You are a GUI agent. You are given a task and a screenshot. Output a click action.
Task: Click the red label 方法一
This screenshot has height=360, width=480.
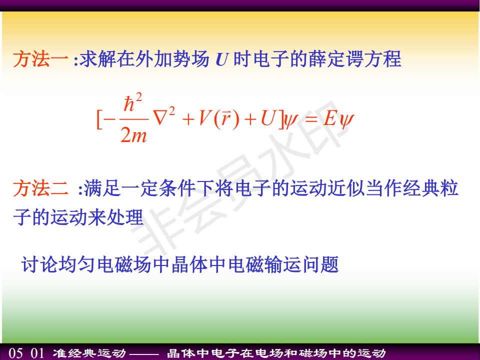40,59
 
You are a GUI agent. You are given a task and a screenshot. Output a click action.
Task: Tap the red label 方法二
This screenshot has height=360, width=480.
40,188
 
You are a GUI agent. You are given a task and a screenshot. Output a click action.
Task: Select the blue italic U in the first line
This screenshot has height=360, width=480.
221,59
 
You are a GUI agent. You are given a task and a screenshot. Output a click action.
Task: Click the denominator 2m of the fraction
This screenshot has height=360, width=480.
133,134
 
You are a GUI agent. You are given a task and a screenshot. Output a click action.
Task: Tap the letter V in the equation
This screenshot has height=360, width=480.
205,118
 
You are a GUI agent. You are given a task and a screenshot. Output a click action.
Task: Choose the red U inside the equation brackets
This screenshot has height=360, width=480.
268,118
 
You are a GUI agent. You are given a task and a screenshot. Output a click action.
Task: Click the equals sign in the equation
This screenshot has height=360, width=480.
311,119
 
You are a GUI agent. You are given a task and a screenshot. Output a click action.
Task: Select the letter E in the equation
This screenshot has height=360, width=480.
329,118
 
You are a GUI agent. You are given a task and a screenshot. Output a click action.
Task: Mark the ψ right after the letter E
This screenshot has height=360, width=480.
346,120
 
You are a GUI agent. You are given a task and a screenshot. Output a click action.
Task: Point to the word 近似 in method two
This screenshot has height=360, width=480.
346,188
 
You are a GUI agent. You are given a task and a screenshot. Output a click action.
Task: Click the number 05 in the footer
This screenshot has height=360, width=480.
15,353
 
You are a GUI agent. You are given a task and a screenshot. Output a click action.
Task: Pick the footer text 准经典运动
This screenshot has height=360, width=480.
89,353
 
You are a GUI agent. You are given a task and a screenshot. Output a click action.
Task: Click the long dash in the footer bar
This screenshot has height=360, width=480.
144,354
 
